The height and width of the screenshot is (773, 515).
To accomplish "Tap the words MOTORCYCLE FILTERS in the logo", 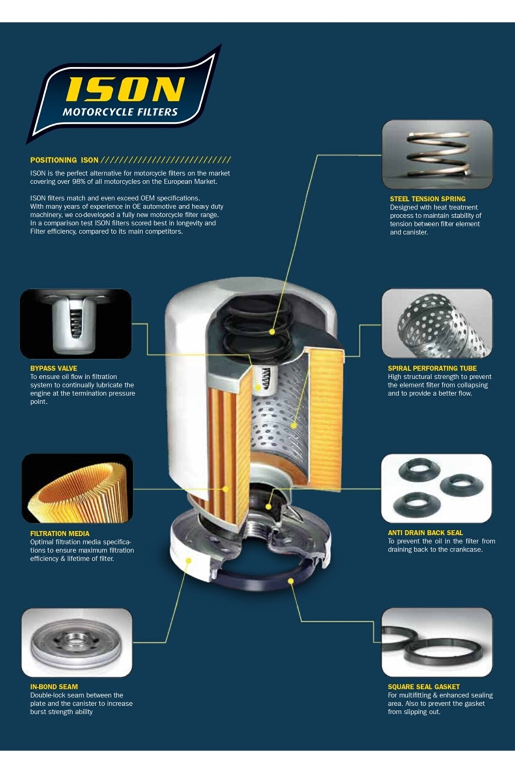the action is [120, 112].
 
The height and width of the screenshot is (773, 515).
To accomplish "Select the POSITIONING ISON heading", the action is [64, 160].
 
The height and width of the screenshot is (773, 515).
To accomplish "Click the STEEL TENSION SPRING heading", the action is [427, 199].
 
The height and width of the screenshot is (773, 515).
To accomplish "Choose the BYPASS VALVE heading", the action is [54, 368].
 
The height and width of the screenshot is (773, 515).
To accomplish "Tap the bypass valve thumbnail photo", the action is [76, 324].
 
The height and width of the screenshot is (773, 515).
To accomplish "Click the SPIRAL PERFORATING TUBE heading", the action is [432, 368].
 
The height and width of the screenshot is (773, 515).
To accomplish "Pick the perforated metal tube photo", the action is [437, 323].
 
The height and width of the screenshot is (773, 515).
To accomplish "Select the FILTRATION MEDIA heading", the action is [60, 534].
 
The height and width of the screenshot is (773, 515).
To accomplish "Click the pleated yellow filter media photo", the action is [77, 488].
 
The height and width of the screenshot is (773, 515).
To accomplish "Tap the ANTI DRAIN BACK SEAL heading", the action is [425, 533].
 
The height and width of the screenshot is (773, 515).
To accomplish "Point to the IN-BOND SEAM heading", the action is [54, 687].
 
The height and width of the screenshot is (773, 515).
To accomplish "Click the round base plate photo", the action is [77, 643].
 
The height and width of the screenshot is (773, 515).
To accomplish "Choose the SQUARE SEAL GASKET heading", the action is [424, 687].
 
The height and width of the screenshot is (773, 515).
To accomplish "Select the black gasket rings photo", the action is [437, 642].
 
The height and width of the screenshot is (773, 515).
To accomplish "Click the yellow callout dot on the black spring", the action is [272, 332].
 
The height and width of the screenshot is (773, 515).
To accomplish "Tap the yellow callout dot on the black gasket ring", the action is [291, 581].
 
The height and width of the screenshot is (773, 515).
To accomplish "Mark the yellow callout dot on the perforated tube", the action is [294, 426].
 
